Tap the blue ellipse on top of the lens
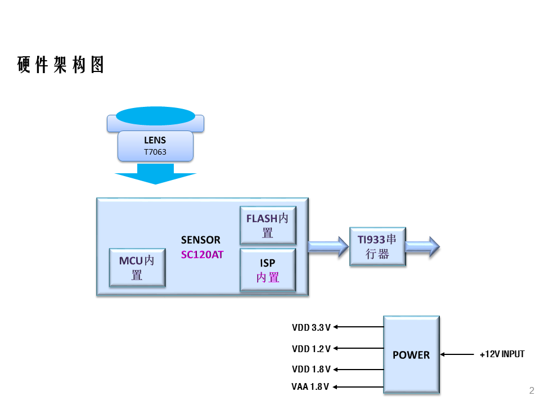pos(155,115)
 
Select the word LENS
pos(155,140)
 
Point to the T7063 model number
pos(155,152)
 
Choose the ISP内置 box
pos(268,270)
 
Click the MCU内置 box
pos(137,268)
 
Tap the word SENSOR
pos(201,240)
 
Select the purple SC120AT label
pos(202,254)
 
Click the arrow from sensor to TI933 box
pos(328,246)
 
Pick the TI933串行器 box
pos(377,246)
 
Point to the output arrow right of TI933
pos(422,246)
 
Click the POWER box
pos(411,354)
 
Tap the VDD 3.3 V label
pos(311,327)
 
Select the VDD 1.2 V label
pos(311,349)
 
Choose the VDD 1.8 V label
pos(311,370)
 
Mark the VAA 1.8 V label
pos(310,387)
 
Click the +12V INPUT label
pos(502,354)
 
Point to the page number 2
pos(532,390)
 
